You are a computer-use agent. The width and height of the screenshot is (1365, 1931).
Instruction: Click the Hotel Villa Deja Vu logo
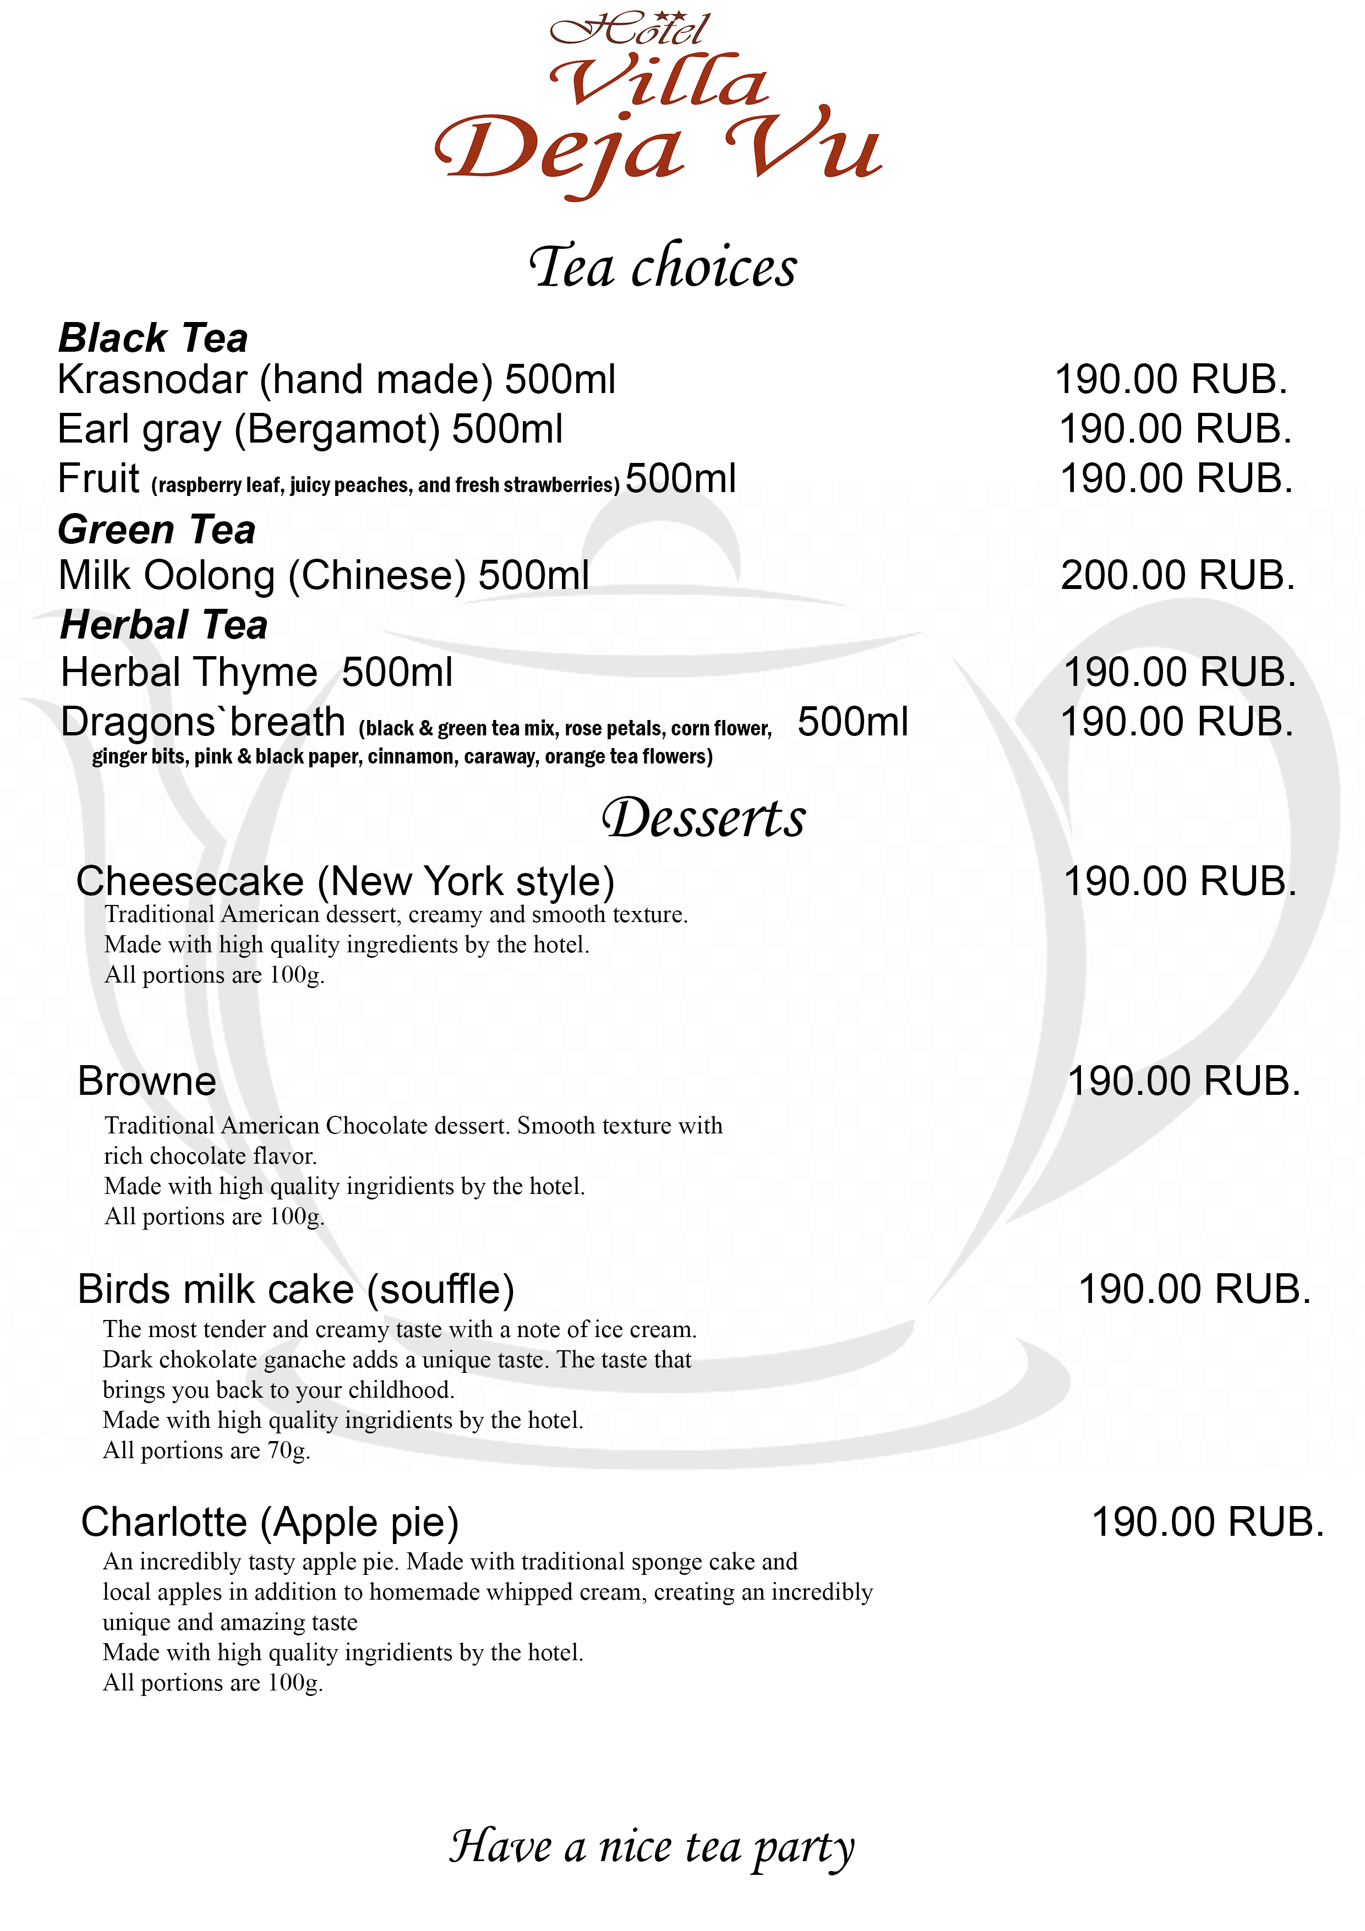click(658, 105)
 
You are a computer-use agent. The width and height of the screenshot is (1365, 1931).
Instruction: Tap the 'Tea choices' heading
click(663, 268)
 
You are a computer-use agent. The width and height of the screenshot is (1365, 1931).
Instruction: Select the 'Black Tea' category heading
click(153, 338)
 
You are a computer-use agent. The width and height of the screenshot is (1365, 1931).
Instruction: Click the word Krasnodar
click(152, 379)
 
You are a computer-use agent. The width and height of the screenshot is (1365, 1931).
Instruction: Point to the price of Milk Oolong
click(1177, 575)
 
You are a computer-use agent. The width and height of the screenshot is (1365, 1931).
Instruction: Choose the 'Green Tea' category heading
click(156, 530)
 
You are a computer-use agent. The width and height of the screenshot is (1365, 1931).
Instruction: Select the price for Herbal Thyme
click(1179, 672)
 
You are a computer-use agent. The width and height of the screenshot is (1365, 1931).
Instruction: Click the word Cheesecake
click(190, 881)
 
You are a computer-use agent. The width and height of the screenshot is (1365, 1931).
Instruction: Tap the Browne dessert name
click(147, 1082)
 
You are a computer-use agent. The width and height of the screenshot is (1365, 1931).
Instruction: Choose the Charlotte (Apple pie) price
click(1207, 1522)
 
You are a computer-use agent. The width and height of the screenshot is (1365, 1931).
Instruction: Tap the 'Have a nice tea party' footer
click(652, 1847)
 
